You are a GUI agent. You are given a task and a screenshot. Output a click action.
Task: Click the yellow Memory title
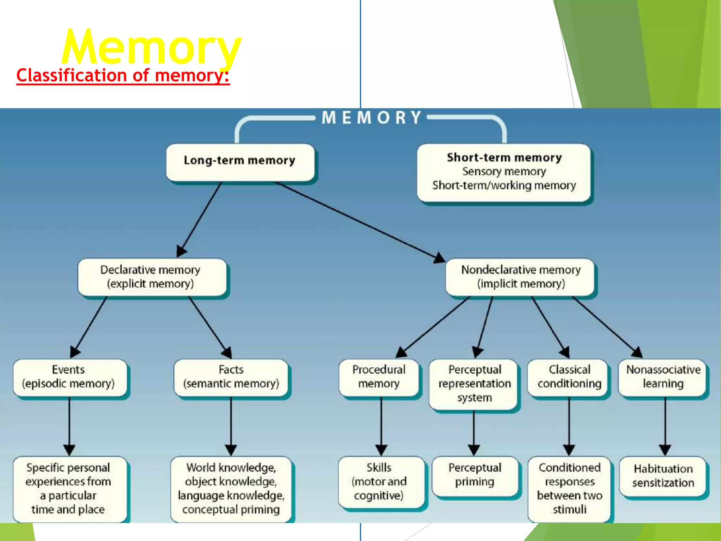click(x=151, y=48)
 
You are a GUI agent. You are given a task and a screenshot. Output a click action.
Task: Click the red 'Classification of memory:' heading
click(x=123, y=75)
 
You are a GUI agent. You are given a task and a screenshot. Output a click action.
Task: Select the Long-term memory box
click(x=240, y=161)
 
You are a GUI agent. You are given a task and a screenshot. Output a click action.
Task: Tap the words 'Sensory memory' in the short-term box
click(x=504, y=172)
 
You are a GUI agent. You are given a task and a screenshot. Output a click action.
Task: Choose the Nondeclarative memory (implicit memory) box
click(x=520, y=277)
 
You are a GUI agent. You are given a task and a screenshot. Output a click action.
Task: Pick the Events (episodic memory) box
click(x=69, y=377)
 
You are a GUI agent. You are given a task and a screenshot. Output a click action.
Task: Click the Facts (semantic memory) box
click(x=231, y=377)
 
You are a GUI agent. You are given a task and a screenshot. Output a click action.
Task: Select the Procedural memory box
click(x=379, y=377)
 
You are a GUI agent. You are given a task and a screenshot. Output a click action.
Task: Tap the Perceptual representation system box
click(x=474, y=384)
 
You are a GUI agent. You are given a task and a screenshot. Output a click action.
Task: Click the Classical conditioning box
click(x=569, y=377)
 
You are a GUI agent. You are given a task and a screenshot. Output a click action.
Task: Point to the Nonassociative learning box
click(x=663, y=377)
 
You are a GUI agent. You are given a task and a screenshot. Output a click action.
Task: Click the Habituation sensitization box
click(x=663, y=476)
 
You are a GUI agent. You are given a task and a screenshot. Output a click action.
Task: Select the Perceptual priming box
click(x=475, y=475)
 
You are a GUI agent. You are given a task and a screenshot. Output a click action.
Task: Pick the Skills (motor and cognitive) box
click(x=380, y=482)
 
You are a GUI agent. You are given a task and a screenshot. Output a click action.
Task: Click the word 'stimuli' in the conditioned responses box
click(x=569, y=509)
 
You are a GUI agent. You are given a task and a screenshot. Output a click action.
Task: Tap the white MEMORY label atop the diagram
click(x=371, y=118)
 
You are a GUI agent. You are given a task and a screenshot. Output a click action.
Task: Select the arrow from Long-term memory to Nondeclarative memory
click(x=359, y=222)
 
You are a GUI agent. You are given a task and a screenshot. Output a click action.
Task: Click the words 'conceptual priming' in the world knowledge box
click(x=231, y=509)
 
